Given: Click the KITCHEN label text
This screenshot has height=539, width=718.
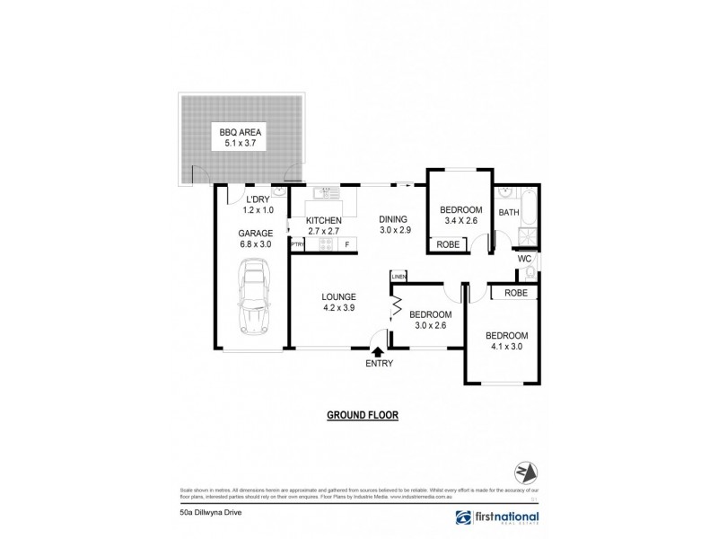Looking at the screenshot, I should (x=324, y=220).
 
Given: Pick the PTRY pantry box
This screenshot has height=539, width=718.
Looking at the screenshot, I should (x=295, y=243).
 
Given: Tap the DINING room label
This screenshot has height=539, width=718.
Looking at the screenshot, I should (x=393, y=218).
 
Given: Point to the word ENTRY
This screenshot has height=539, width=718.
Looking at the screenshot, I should (x=378, y=363).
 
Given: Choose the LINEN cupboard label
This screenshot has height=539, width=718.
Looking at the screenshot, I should (x=398, y=278).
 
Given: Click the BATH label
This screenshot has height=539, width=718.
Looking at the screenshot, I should (x=509, y=213).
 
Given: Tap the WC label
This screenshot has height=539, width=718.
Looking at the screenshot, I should (x=524, y=260).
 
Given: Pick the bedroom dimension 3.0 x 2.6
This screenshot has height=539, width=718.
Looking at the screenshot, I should (x=429, y=326).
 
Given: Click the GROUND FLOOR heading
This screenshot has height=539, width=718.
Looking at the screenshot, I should (x=362, y=415).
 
